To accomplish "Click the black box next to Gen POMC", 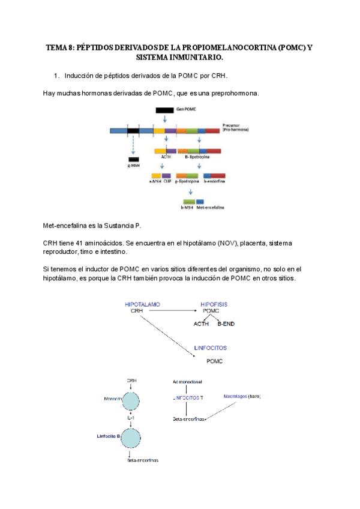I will point(165,110).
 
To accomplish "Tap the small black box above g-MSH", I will point(134,158).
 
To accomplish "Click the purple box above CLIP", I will point(167,176).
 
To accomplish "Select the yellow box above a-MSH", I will point(156,176).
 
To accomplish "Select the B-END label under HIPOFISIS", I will point(227,324).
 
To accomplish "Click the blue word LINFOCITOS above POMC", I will point(211,348).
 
